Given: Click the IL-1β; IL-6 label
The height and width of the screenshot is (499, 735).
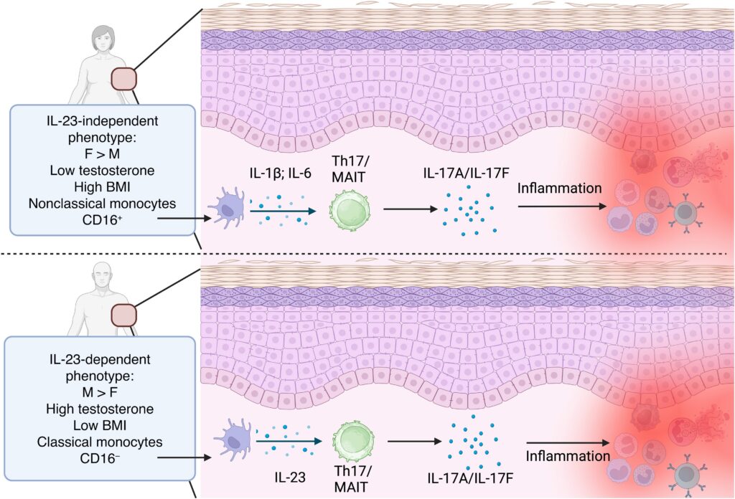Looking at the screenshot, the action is pos(280,174).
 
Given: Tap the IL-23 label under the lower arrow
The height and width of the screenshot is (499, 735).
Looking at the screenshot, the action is pos(290,477).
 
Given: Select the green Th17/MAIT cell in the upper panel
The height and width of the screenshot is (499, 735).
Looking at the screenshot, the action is pos(350,210).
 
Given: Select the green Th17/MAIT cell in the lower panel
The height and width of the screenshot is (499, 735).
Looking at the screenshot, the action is pos(353,442).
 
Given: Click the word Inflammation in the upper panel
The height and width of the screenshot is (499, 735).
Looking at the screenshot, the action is pos(559,188).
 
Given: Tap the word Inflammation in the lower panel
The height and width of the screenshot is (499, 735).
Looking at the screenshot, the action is pos(568,456).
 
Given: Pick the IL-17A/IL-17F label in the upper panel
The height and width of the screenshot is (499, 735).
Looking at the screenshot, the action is pos(466,174).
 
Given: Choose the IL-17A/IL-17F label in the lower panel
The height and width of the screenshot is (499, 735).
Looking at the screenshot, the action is pos(470,478).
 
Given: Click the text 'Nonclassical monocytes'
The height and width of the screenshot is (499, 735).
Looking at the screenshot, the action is pos(102,204).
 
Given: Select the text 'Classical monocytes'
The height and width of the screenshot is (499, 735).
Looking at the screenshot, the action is pos(100,442).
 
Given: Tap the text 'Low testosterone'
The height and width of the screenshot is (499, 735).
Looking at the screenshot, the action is pos(102,171).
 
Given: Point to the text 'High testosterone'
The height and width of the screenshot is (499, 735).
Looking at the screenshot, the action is pos(100,409).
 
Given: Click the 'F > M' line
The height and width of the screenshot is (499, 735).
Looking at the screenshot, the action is pos(102,153).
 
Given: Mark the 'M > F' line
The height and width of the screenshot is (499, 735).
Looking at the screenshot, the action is pos(100,392).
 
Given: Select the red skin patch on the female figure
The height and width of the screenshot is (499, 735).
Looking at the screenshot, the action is pos(123,79).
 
